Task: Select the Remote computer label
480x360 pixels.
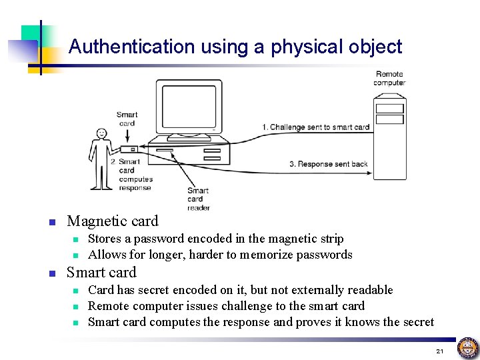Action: pyautogui.click(x=389, y=79)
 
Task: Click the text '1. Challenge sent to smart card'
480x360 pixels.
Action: pyautogui.click(x=315, y=127)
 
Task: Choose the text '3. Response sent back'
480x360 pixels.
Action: pyautogui.click(x=328, y=164)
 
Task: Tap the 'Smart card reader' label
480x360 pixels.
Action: pyautogui.click(x=198, y=199)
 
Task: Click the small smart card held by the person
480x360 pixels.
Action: pyautogui.click(x=129, y=149)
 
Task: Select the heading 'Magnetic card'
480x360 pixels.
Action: pyautogui.click(x=113, y=221)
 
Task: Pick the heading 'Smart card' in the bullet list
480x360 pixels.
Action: pyautogui.click(x=101, y=273)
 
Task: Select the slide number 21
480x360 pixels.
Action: pyautogui.click(x=439, y=351)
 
